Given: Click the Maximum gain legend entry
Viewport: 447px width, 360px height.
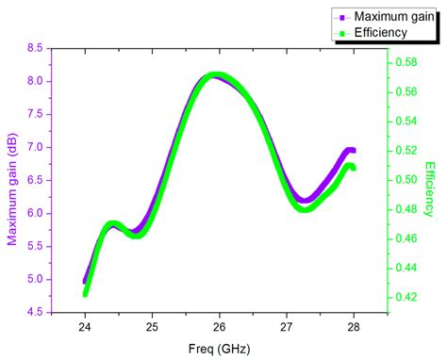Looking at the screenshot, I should (x=382, y=17).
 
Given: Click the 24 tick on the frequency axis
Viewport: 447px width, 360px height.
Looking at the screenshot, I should (x=85, y=327).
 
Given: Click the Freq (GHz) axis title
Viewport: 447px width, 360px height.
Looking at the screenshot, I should (x=219, y=348).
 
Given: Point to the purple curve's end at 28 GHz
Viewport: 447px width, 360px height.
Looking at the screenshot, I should (x=352, y=151).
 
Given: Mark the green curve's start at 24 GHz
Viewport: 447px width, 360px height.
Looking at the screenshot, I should (x=86, y=293).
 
